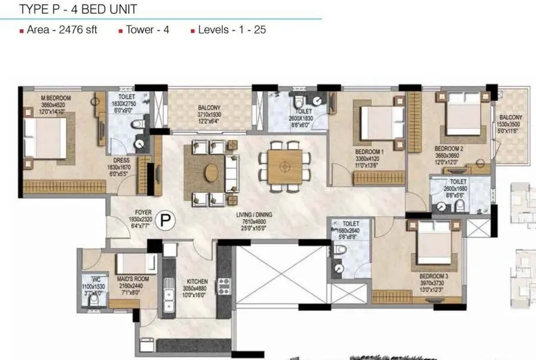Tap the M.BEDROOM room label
40,98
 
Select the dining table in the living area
285,167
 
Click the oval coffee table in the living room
212,173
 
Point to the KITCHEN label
196,281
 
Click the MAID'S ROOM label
129,280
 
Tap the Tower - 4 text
147,29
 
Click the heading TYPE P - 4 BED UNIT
78,9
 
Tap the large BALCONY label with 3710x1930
210,108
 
